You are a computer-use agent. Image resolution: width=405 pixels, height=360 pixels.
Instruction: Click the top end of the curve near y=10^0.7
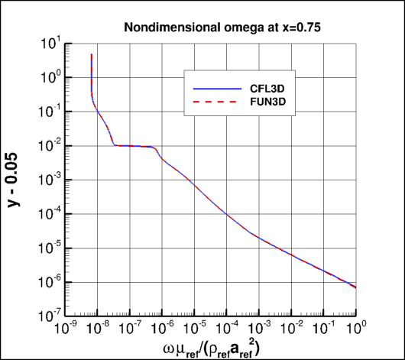(92, 54)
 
